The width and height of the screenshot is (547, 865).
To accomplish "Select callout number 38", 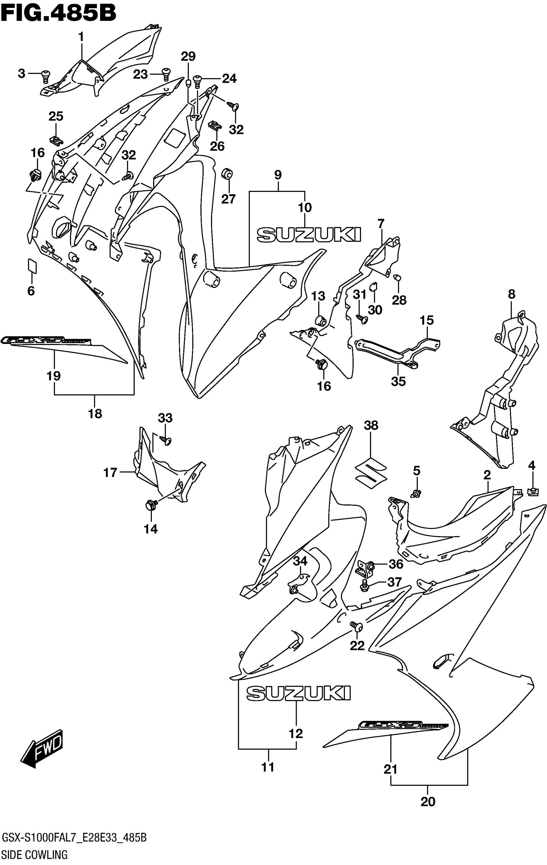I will click(x=371, y=425).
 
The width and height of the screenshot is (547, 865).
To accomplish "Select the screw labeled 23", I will click(x=166, y=74).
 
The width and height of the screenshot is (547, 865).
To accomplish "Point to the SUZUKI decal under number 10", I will click(x=309, y=235).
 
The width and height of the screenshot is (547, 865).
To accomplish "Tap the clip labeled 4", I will click(x=532, y=491).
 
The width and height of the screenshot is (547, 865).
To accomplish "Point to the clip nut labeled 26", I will click(x=215, y=126).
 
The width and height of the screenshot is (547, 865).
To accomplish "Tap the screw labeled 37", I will click(x=364, y=586).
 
